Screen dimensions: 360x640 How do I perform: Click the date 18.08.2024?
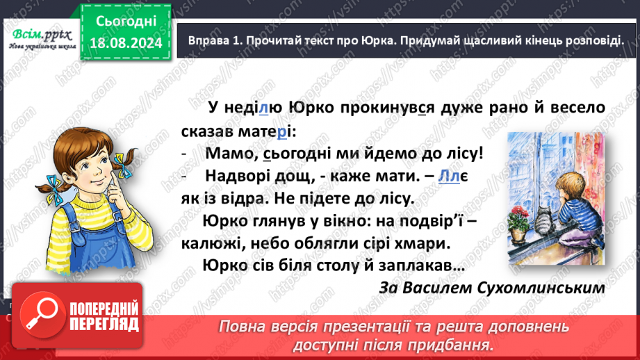point(125,44)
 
